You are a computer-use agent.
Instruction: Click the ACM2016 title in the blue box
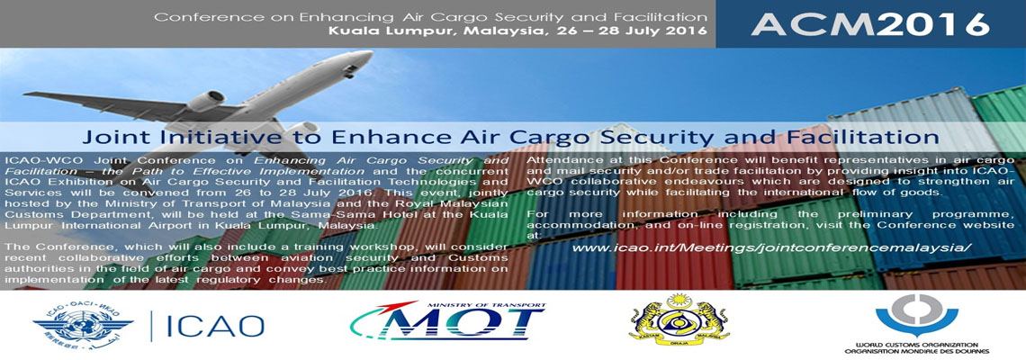869,23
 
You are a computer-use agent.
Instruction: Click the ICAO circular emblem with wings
83,325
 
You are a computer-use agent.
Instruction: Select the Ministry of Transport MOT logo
447,321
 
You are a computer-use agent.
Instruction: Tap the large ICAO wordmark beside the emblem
215,326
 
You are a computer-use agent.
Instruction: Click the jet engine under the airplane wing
205,102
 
